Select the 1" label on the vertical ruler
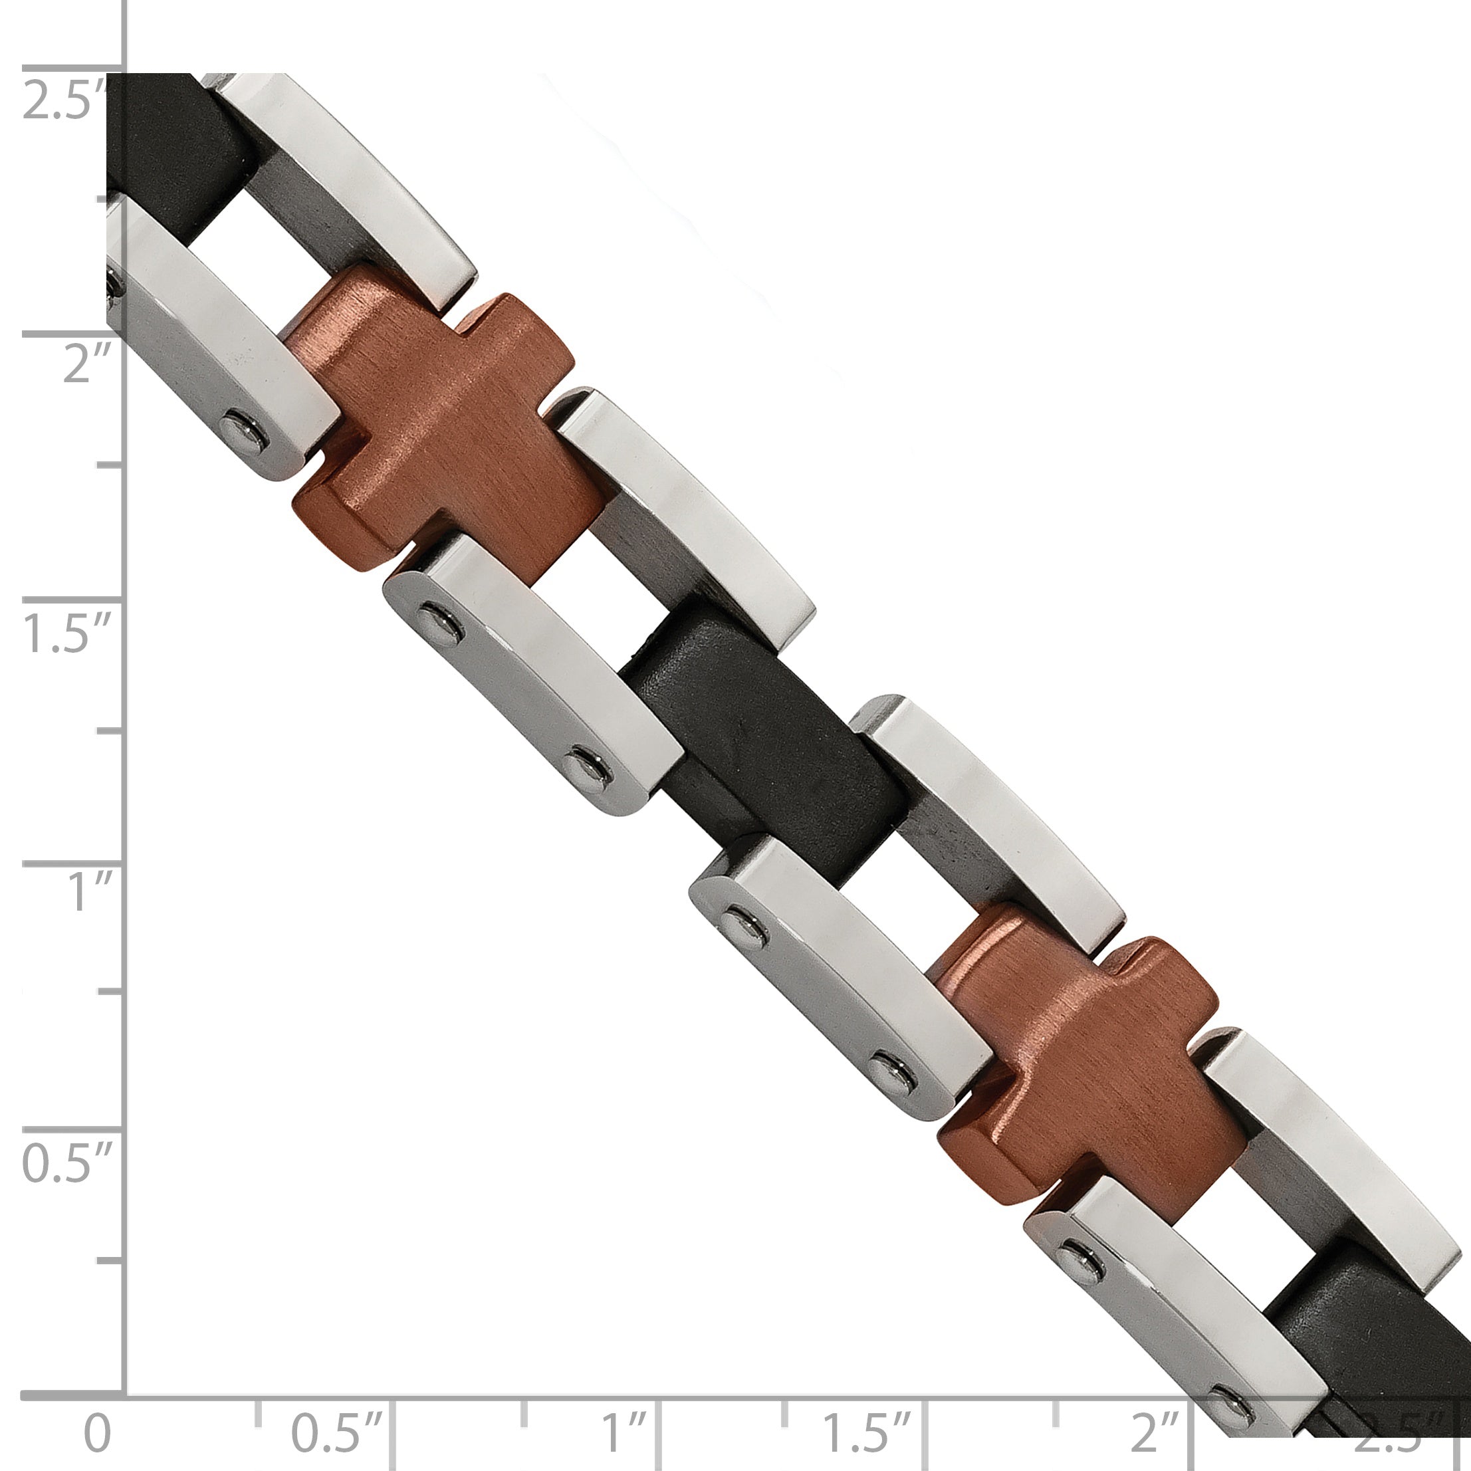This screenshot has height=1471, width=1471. (90, 892)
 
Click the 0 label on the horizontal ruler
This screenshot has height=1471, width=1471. (96, 1430)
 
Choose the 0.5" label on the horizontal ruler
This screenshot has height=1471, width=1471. (336, 1430)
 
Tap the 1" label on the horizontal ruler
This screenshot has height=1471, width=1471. (624, 1430)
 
